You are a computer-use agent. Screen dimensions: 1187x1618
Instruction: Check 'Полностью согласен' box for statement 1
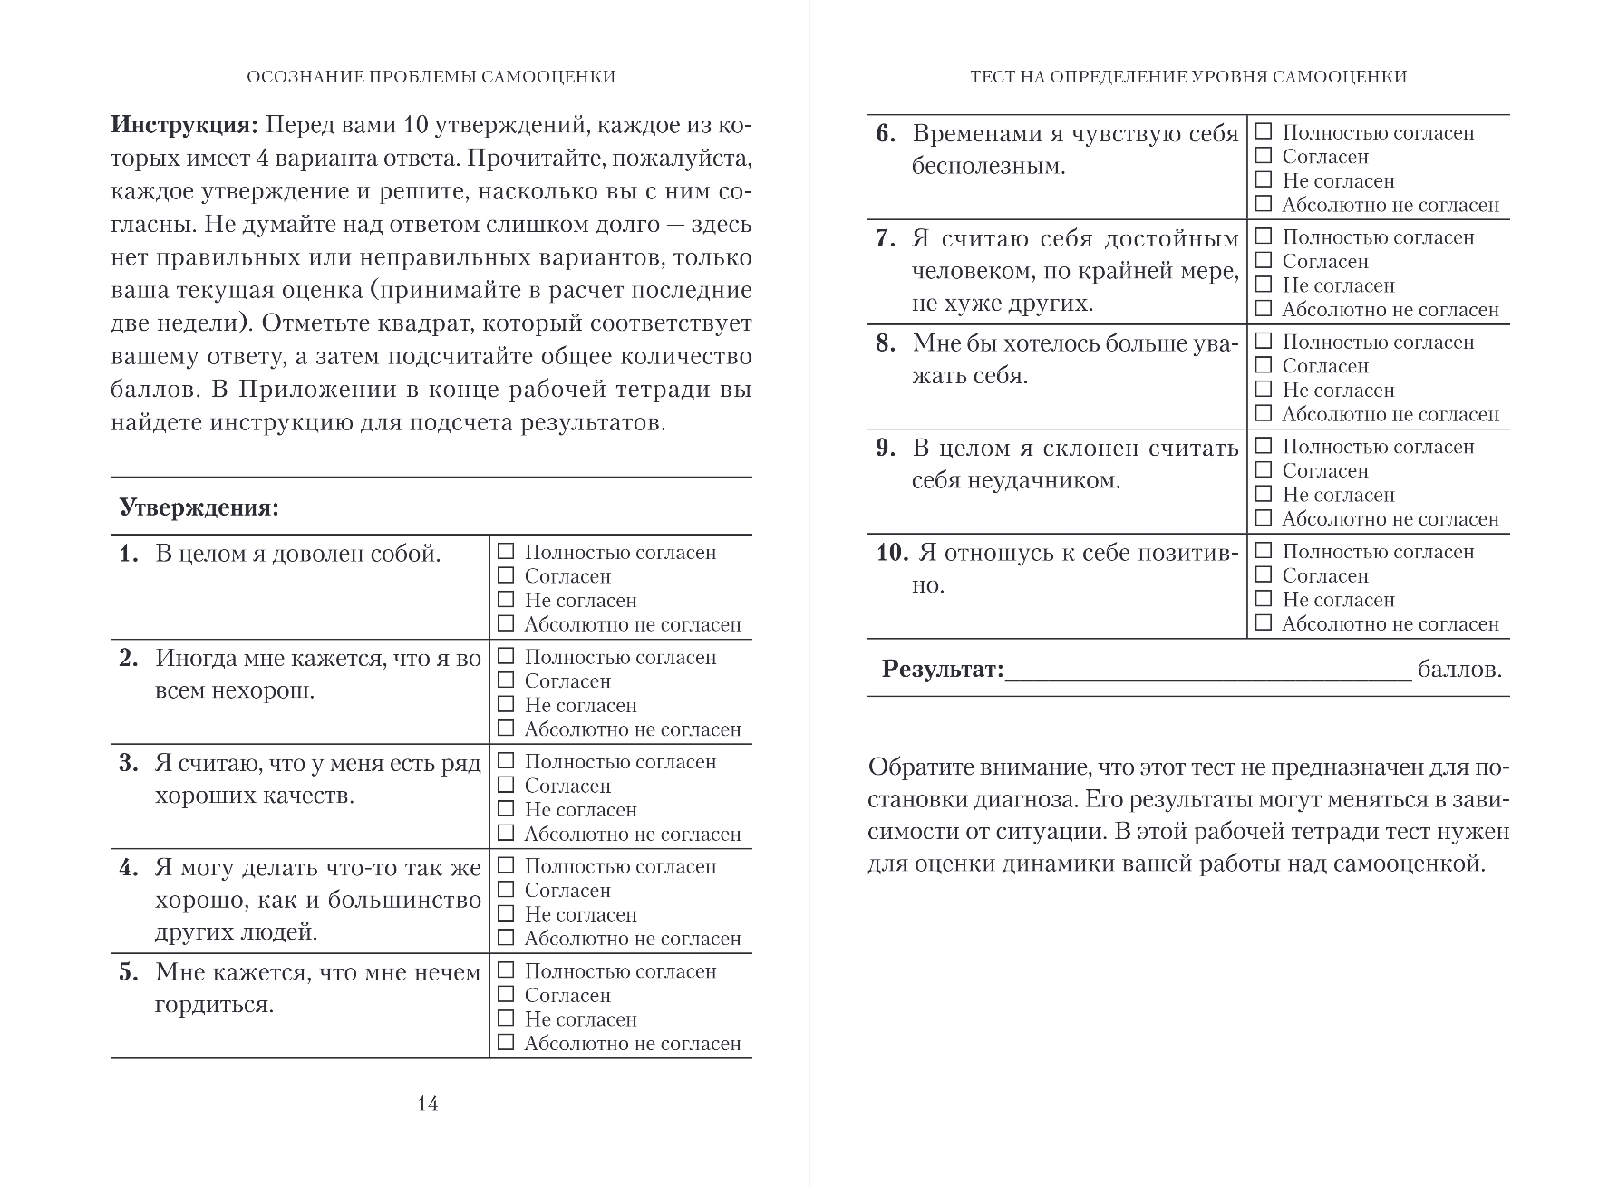tap(506, 551)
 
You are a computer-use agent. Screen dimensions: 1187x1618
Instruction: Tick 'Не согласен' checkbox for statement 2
tap(506, 704)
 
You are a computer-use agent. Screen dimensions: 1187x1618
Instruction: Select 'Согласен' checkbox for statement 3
tap(506, 785)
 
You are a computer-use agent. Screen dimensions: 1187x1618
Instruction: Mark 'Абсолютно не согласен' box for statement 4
tap(506, 938)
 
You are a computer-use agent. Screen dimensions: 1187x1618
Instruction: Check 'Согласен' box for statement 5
tap(506, 994)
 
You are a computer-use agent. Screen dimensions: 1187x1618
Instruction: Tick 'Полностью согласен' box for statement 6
tap(1264, 131)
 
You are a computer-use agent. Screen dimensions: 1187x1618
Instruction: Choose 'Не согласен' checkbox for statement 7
tap(1264, 285)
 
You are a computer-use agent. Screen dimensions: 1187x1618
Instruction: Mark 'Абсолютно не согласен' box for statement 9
tap(1264, 518)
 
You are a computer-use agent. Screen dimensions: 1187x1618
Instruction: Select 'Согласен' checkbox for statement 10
tap(1264, 574)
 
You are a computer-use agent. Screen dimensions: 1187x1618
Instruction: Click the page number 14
tap(428, 1103)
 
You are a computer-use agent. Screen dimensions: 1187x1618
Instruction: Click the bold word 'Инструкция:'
tap(185, 124)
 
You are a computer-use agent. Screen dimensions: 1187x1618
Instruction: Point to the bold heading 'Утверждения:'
tap(199, 507)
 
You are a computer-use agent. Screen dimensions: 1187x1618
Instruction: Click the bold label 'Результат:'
tap(943, 670)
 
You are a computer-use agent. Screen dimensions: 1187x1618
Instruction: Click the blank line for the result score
tap(1207, 672)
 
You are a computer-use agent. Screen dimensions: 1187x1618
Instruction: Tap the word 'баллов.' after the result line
tap(1459, 670)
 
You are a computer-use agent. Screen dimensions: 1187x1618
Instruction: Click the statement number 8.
tap(886, 343)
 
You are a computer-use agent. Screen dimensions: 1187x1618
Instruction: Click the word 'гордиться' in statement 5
tap(214, 1005)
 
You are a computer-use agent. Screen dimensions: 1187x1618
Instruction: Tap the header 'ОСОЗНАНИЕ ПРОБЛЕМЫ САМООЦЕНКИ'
tap(431, 77)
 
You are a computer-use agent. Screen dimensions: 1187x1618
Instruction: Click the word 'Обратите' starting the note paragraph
tap(916, 767)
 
